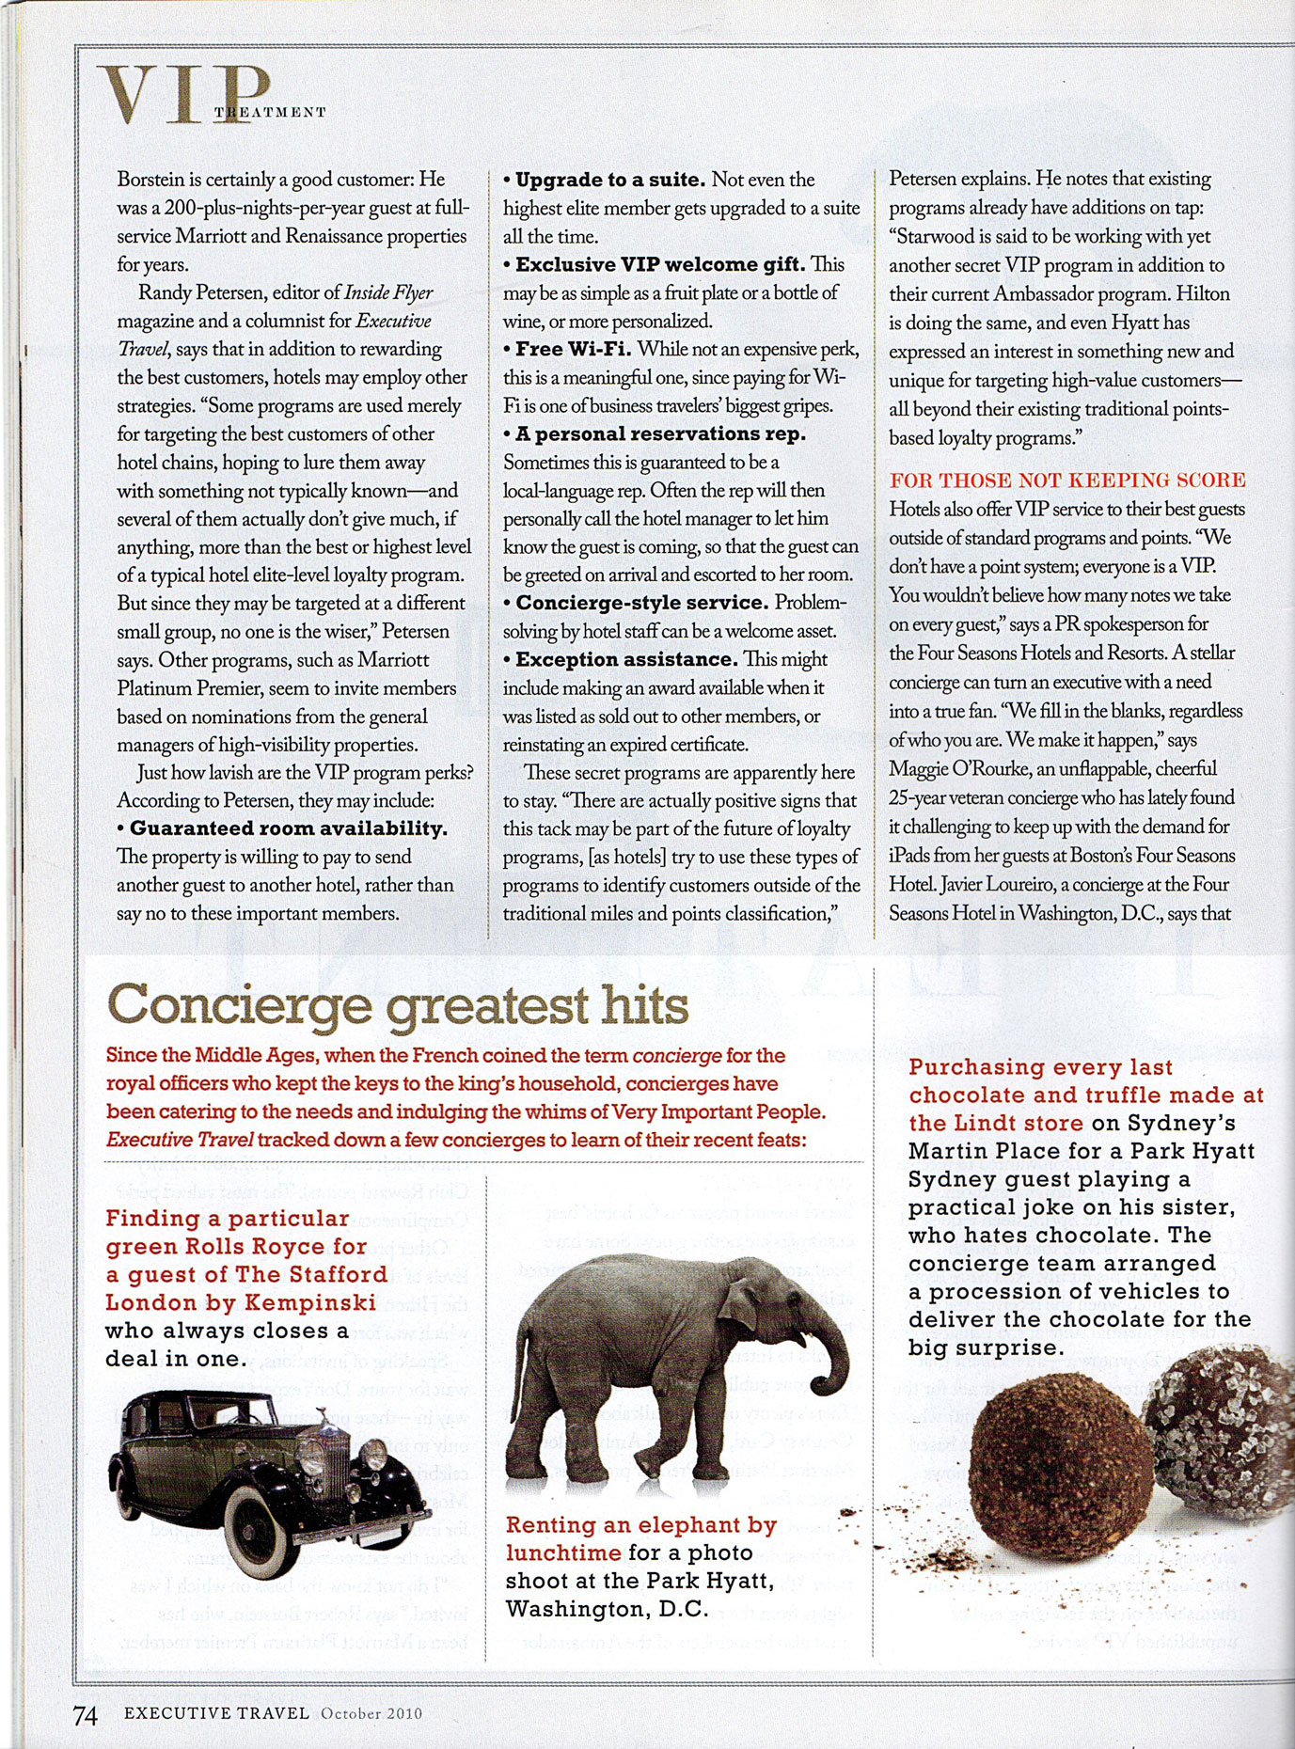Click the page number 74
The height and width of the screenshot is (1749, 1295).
coord(85,1714)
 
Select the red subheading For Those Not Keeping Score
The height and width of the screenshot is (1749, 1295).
coord(1067,481)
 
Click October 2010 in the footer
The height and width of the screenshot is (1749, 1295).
coord(371,1713)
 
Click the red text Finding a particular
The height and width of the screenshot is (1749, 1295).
coord(228,1218)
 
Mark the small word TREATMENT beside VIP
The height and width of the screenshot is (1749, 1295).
coord(270,112)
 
